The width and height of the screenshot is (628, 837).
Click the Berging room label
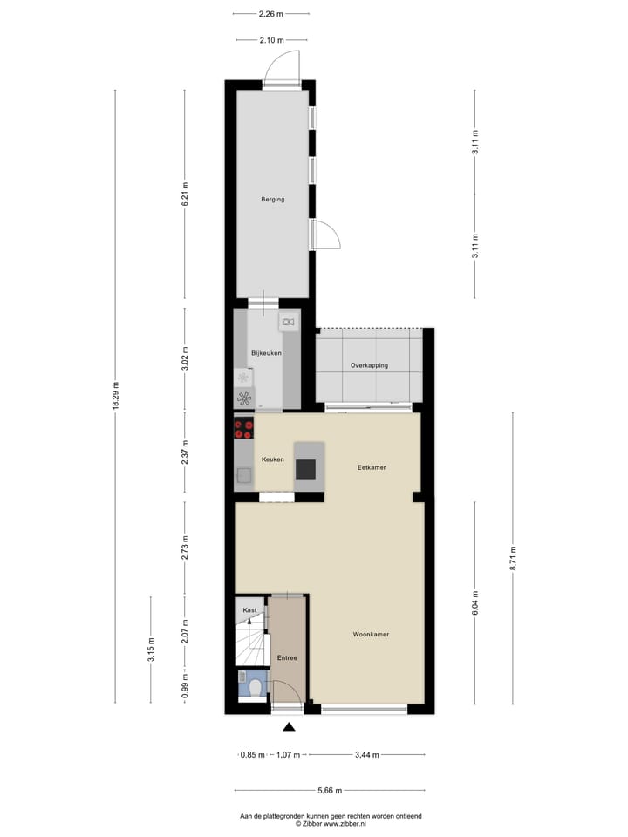pos(272,200)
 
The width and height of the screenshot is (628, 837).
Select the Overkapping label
pos(369,365)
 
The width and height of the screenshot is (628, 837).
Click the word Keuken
pos(273,459)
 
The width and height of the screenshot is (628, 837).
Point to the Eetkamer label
pos(372,467)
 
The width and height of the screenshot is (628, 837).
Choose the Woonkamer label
pos(371,634)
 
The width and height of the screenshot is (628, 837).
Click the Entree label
pos(287,658)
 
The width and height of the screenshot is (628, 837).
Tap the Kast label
pos(249,610)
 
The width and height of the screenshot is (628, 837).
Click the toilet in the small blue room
pos(256,688)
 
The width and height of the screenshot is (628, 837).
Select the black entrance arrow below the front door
pos(290,727)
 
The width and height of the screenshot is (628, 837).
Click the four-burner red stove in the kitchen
pos(243,429)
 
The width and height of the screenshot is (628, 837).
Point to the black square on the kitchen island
pos(306,468)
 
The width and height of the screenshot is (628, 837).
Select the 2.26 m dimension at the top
pos(271,13)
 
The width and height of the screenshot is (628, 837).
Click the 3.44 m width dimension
pos(367,755)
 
